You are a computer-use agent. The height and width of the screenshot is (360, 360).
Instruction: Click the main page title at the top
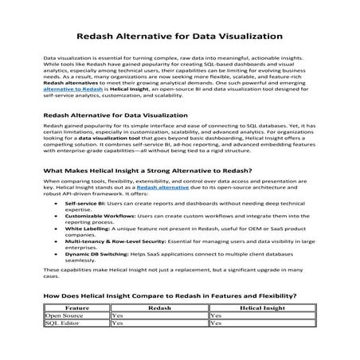tap(179, 36)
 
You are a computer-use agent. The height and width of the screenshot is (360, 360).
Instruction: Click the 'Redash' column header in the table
tap(158, 306)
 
